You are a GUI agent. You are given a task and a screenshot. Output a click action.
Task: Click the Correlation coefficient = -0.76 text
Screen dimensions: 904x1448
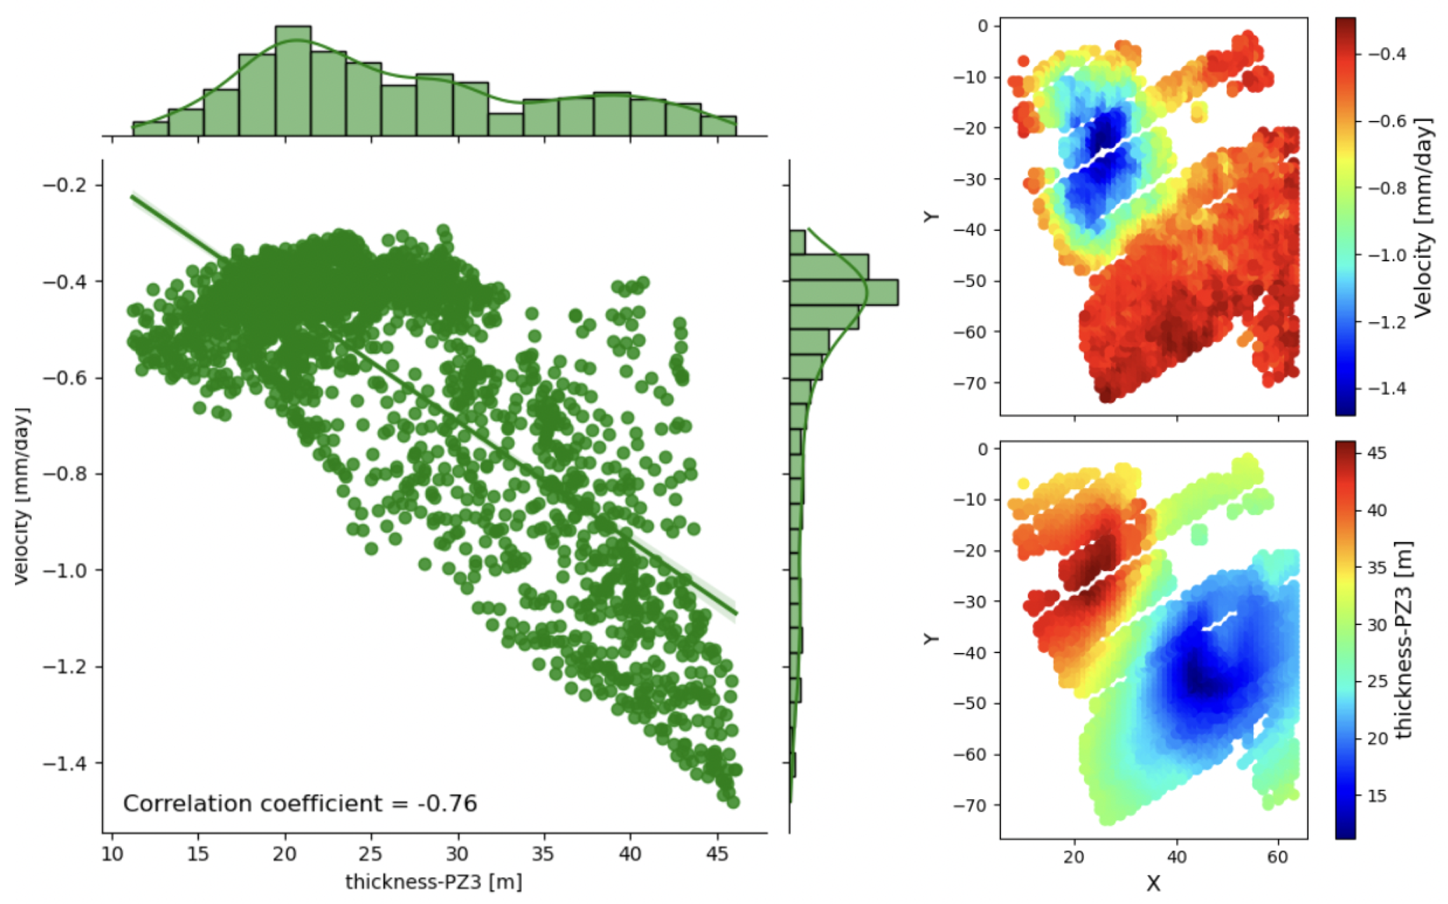[x=300, y=803]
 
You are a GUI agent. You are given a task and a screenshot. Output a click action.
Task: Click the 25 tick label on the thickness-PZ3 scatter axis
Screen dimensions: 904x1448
[x=371, y=854]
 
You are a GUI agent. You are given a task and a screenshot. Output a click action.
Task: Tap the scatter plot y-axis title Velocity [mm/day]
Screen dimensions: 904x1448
[x=22, y=496]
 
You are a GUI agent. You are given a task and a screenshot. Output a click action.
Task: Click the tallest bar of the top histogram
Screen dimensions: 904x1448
[x=293, y=81]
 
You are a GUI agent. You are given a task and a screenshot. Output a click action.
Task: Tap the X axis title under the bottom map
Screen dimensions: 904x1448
[x=1153, y=883]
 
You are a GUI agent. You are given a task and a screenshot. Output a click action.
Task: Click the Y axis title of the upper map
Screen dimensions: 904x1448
[x=931, y=217]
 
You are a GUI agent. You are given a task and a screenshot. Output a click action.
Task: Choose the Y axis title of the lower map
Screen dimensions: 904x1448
[x=931, y=638]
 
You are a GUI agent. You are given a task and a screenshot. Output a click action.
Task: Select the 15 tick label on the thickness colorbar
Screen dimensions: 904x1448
[x=1377, y=796]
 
